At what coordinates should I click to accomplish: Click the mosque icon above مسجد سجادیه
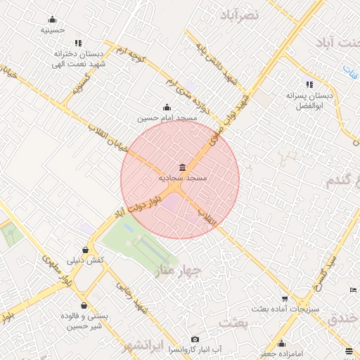(x=183, y=167)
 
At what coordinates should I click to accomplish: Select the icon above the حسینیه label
(x=53, y=20)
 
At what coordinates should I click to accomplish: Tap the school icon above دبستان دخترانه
(x=77, y=43)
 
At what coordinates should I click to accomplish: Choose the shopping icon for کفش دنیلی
(x=85, y=249)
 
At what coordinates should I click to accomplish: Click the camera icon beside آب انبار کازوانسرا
(x=195, y=339)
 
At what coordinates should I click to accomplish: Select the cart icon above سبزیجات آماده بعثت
(x=285, y=298)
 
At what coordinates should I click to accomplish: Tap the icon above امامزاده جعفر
(x=282, y=343)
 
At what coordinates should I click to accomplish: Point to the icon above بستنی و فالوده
(x=85, y=306)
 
